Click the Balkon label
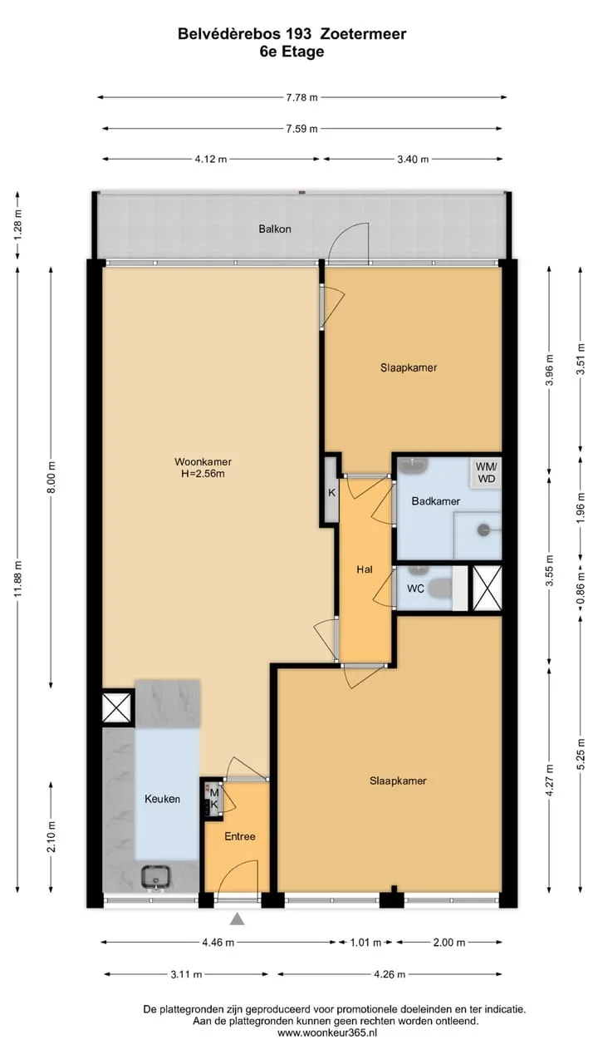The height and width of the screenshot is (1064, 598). click(x=275, y=229)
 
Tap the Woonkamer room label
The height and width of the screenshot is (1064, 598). click(x=203, y=461)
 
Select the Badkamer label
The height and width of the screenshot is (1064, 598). click(x=436, y=501)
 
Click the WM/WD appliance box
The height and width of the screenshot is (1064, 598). click(x=486, y=473)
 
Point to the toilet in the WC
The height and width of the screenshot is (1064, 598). click(x=440, y=588)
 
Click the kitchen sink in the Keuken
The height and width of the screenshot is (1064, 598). click(x=155, y=876)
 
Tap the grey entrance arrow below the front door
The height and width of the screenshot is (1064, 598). click(x=238, y=919)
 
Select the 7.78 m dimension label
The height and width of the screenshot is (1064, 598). click(x=301, y=98)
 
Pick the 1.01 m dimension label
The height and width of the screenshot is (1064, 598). click(x=365, y=943)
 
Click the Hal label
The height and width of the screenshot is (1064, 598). click(x=365, y=569)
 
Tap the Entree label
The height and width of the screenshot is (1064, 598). click(x=240, y=836)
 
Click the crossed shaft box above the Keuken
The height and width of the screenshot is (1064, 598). click(x=117, y=707)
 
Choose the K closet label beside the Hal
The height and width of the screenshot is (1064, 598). click(x=331, y=493)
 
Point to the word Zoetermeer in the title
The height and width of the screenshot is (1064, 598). click(x=364, y=34)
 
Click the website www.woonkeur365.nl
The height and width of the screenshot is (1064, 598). click(x=327, y=1033)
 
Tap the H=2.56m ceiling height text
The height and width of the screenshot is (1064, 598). click(x=203, y=474)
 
